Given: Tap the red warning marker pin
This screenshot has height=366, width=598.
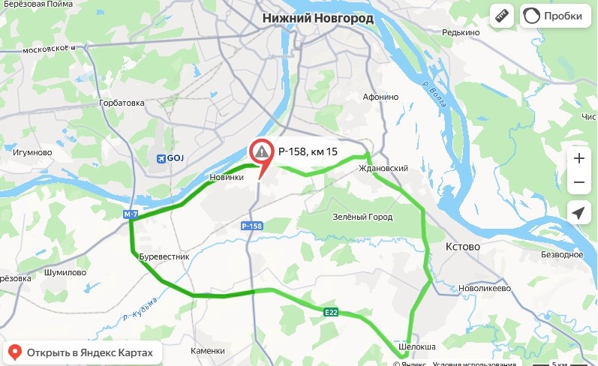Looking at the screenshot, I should [260, 154].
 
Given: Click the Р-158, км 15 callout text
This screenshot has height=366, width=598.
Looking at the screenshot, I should [308, 151].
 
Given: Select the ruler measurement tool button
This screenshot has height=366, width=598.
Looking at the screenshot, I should [501, 16].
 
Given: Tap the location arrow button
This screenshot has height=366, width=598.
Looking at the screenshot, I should [578, 213].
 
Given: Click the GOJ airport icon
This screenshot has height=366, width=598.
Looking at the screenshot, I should [159, 157].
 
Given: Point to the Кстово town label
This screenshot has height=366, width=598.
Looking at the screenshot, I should [463, 247].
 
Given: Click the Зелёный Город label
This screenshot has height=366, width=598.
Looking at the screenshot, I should [362, 217].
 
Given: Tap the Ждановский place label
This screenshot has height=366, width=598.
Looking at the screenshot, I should [383, 169].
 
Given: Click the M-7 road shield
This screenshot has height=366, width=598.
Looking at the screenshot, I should [131, 215].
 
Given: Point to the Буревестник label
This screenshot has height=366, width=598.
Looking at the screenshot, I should [164, 256].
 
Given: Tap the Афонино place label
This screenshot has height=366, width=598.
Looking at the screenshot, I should [380, 97].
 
